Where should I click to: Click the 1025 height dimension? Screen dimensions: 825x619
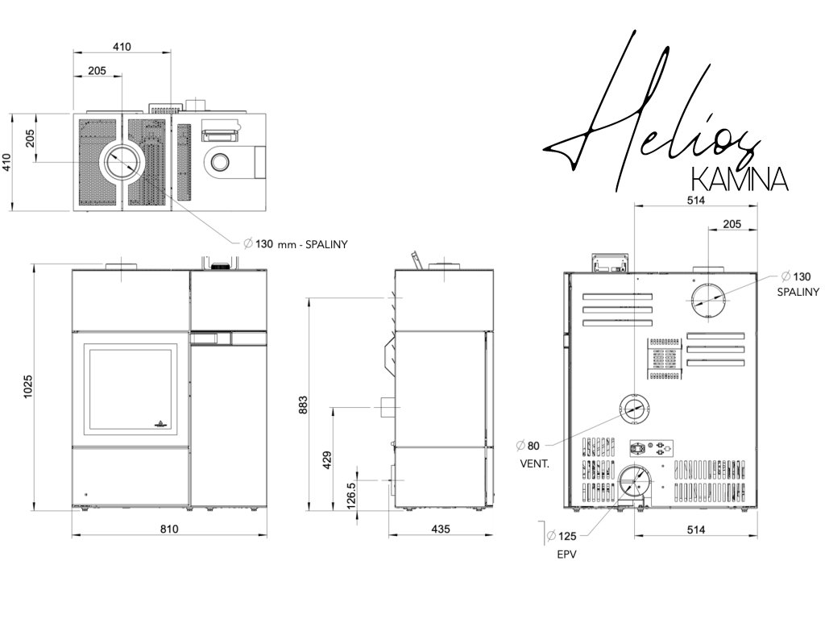pos(28,386)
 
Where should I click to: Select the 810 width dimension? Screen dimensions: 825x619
pos(169,529)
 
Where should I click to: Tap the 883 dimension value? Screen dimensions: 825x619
pos(304,405)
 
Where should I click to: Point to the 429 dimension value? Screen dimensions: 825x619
pos(327,460)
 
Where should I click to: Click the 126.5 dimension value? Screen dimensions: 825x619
pos(352,496)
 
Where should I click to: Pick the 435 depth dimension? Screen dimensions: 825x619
pos(441,529)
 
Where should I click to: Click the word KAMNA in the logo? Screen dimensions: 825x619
pos(740,179)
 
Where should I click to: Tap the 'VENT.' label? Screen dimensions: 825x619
pos(535,463)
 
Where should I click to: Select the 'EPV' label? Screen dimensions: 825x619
pos(566,555)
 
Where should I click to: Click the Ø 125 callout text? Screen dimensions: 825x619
pos(562,536)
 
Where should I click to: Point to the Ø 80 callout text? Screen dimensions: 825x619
pos(528,446)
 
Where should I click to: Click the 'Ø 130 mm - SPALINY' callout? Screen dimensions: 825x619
pos(296,243)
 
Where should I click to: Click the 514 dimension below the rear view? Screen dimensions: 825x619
pos(695,530)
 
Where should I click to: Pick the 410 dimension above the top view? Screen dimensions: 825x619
pos(122,47)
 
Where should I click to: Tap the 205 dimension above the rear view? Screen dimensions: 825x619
pos(732,224)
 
